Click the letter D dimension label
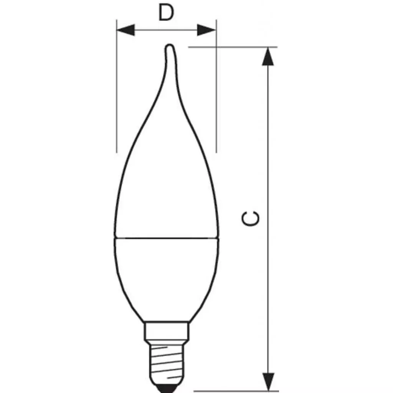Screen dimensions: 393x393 tap(166, 13)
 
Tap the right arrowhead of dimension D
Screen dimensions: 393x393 tap(206, 30)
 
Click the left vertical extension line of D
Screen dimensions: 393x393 tap(117, 96)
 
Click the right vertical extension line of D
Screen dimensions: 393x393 tap(216, 96)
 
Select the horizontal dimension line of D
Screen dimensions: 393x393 tap(166, 30)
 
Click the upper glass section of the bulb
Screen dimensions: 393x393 tap(167, 184)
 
